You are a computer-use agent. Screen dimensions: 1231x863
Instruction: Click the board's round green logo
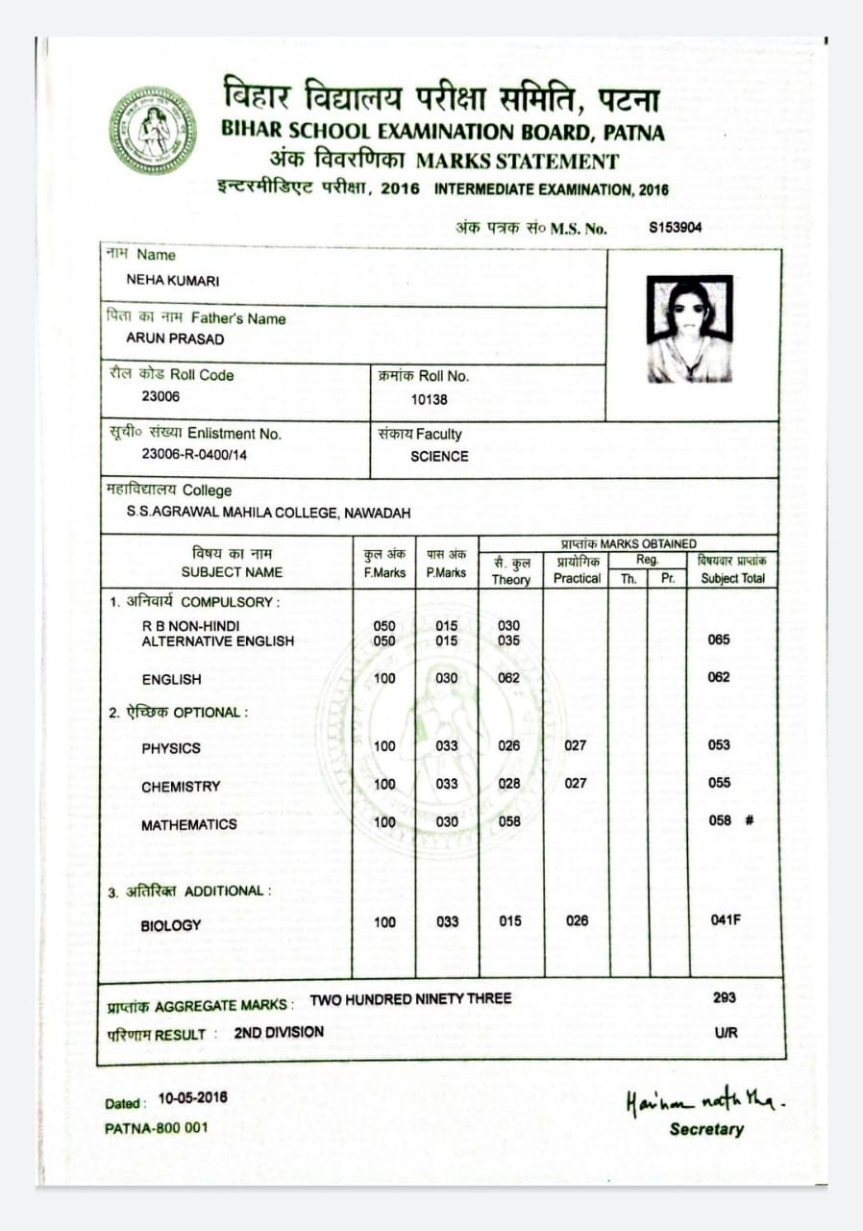152,130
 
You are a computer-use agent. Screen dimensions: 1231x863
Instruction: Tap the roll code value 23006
160,396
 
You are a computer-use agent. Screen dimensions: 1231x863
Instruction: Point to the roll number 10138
429,399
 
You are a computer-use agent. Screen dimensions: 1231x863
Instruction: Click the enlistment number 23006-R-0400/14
194,454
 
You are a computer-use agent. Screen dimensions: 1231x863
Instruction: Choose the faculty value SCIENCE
439,457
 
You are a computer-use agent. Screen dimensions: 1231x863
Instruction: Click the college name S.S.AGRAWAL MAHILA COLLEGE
268,513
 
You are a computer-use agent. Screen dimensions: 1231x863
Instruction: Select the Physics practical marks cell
575,745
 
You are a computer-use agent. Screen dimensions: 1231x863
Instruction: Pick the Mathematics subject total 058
719,820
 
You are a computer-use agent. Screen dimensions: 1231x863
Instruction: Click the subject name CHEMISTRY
181,787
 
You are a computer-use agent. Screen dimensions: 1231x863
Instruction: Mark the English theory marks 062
508,678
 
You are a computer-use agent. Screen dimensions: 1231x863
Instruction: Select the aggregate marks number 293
725,997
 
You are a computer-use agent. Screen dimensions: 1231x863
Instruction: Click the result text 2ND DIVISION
279,1032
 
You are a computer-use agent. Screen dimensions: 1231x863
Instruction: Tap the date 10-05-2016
193,1098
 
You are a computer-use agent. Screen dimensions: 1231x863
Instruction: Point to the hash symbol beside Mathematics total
750,820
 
